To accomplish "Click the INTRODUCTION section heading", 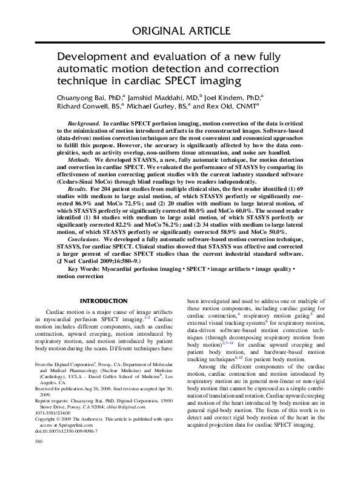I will pyautogui.click(x=104, y=301).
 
